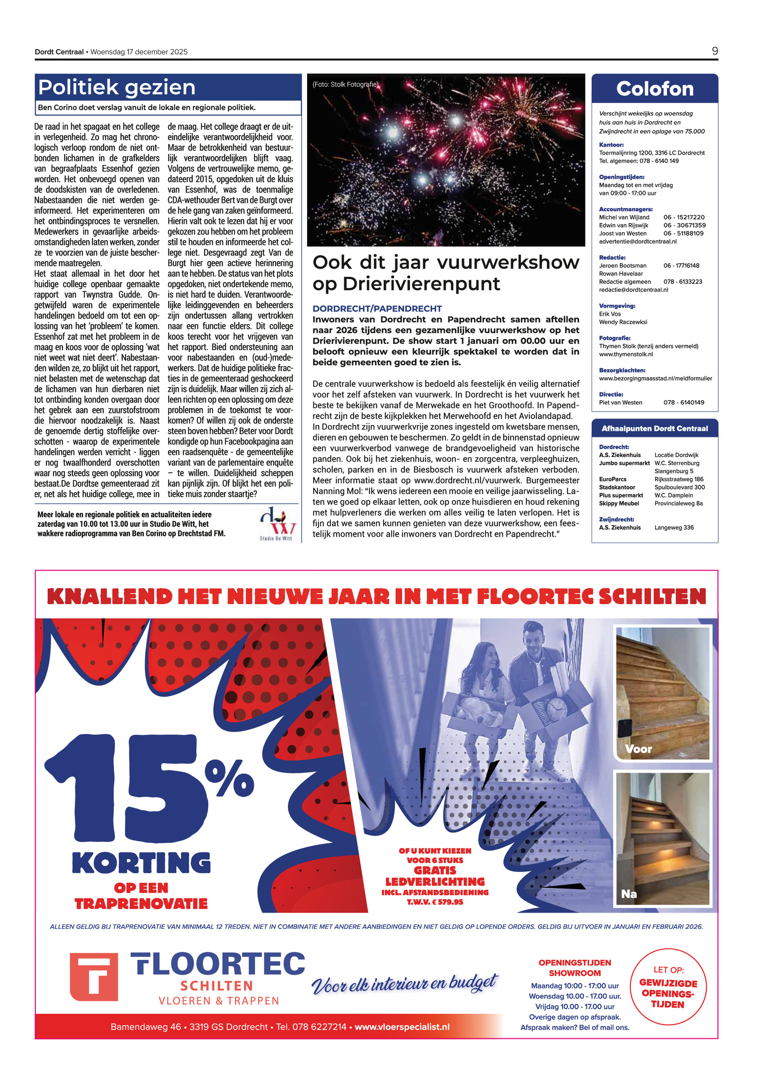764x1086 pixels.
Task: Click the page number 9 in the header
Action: click(714, 51)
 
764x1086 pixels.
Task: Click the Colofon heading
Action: click(654, 89)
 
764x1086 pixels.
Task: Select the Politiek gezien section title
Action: click(117, 87)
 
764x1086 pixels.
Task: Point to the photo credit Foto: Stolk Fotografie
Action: click(345, 85)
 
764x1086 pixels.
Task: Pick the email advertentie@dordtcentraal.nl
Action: click(637, 242)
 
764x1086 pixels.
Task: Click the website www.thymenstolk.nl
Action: click(626, 354)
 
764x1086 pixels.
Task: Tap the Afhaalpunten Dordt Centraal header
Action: click(654, 428)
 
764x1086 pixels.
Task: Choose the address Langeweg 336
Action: click(674, 527)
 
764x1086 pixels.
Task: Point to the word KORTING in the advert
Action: click(141, 863)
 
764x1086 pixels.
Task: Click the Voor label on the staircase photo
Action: click(638, 749)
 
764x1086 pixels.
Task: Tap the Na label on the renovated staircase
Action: click(629, 894)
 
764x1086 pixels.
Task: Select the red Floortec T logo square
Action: click(94, 977)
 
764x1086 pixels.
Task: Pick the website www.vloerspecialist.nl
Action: click(402, 1027)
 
